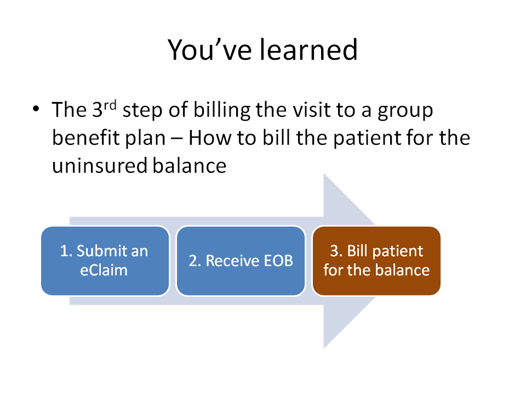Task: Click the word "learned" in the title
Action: [309, 50]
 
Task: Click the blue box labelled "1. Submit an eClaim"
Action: [105, 261]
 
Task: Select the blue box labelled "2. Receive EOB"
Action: [241, 261]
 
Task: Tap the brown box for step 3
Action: [376, 261]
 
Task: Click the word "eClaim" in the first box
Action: [104, 270]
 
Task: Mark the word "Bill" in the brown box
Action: [359, 251]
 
